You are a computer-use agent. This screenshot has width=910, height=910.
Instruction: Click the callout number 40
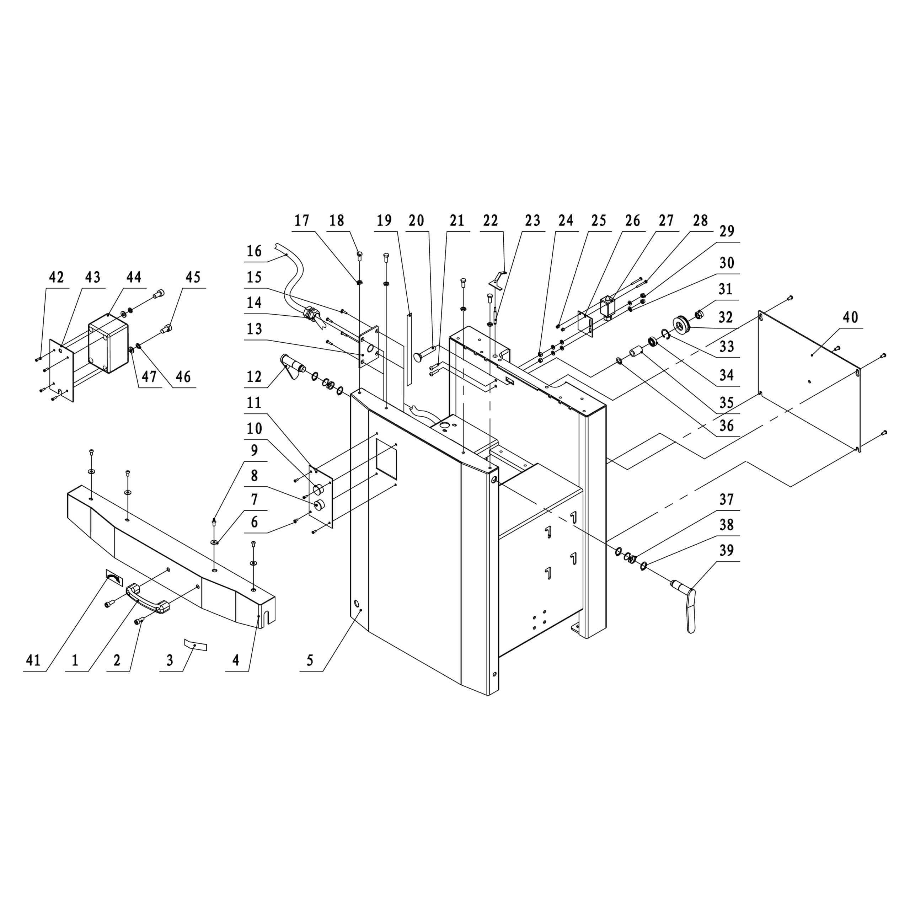coord(850,317)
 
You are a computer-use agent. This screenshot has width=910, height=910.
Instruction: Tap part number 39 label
coord(726,550)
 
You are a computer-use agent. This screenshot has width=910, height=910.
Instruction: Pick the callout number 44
coord(134,277)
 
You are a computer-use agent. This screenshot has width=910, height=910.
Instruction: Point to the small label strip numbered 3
coord(195,645)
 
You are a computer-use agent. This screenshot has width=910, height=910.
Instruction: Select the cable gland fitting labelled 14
coord(310,313)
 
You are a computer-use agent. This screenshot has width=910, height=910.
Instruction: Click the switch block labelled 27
coord(609,306)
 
